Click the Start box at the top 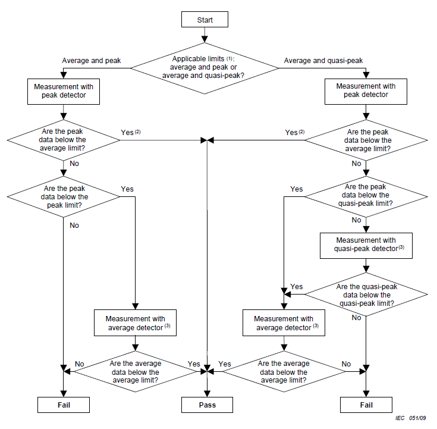tap(205, 20)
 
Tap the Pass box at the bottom tap(207, 405)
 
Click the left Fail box tap(64, 405)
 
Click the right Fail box tap(366, 405)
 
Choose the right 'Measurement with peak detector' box tap(366, 90)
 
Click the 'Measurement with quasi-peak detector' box tap(365, 245)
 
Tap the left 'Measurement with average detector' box tap(136, 323)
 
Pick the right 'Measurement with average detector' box tap(284, 323)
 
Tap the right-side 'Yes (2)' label tap(294, 132)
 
